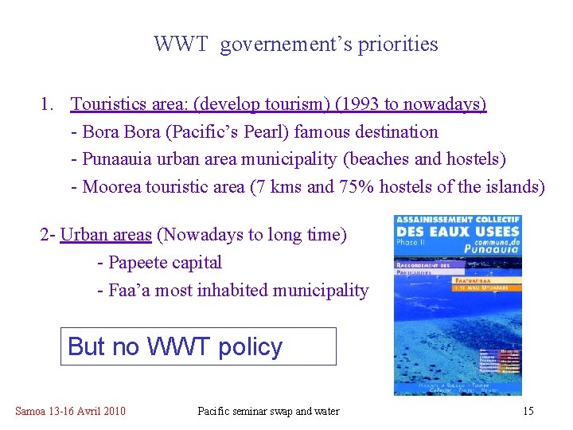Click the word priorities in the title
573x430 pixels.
[400, 44]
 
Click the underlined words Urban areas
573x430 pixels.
[106, 235]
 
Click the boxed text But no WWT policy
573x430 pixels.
[175, 347]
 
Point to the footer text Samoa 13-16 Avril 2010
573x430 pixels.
[70, 412]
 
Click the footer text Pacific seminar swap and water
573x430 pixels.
[268, 412]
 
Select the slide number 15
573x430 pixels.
[528, 412]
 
